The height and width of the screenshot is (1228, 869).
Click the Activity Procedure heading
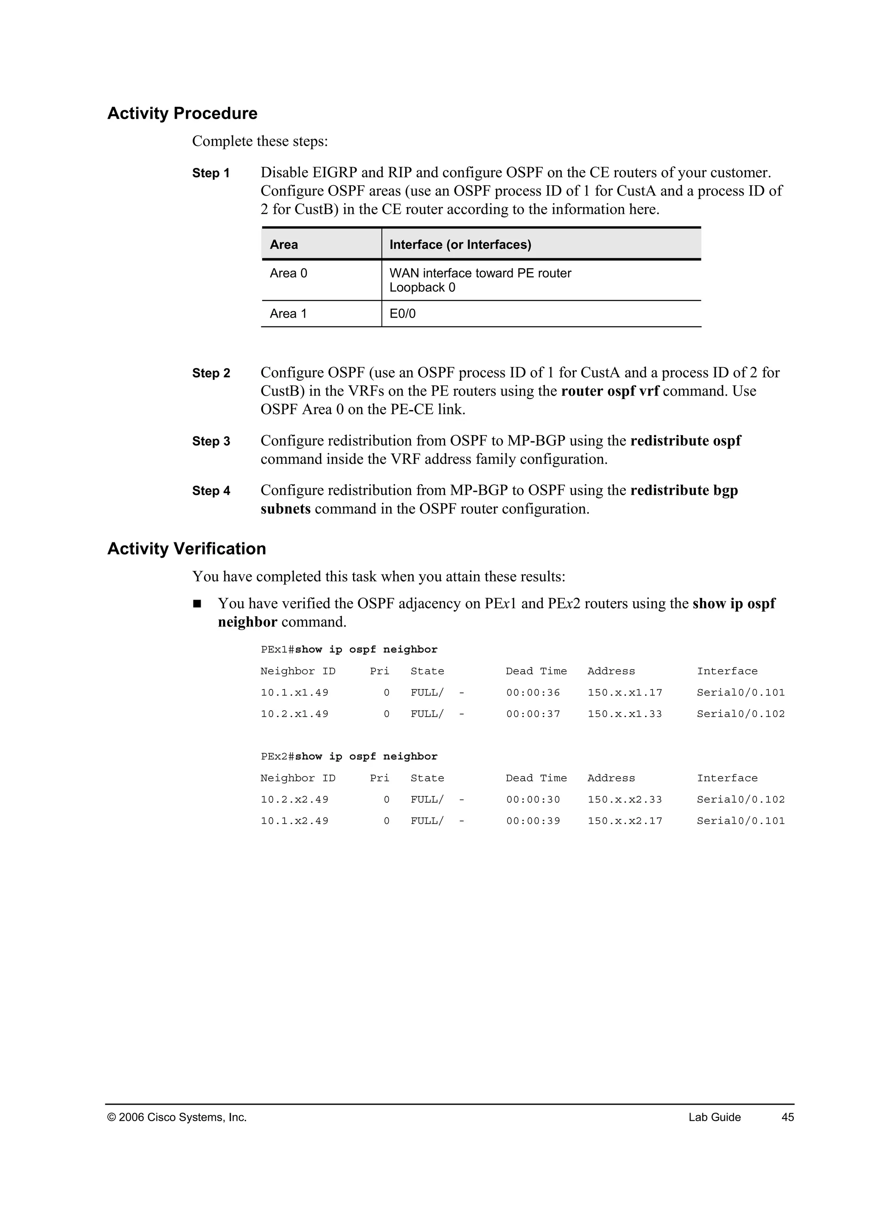tap(182, 113)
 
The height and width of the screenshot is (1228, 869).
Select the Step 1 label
tap(211, 173)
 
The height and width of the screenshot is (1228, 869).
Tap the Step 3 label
tap(211, 441)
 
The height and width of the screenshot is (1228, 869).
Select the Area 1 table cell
tap(289, 314)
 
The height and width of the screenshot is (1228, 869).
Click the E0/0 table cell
tap(402, 314)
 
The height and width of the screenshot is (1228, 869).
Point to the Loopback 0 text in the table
tap(422, 288)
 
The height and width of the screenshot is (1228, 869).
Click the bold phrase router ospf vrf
tap(610, 391)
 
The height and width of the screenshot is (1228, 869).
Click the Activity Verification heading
tap(186, 549)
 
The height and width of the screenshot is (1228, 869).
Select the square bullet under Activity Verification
tap(197, 604)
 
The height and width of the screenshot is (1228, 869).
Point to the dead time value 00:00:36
tap(533, 692)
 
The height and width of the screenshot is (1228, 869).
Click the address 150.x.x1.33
tap(625, 714)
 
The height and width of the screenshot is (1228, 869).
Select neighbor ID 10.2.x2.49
tap(294, 800)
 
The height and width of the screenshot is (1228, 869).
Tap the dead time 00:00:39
tap(533, 821)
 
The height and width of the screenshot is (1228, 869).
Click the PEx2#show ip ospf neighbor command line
tap(349, 756)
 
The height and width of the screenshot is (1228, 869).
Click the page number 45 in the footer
tap(788, 1117)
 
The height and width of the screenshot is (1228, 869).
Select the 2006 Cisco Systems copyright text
tap(177, 1117)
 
